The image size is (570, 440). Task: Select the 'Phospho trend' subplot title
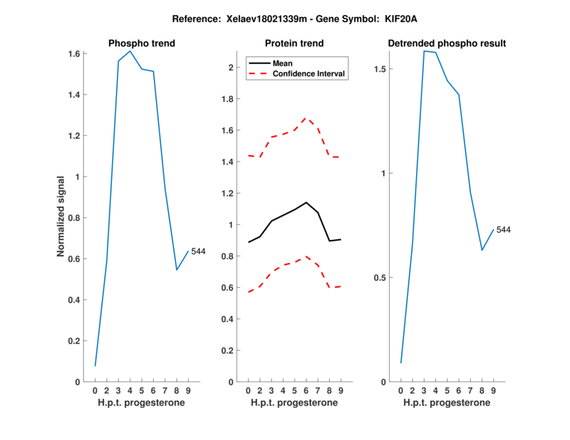tap(142, 43)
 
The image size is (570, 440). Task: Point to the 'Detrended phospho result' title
tap(447, 43)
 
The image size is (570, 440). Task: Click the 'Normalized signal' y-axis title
tap(62, 217)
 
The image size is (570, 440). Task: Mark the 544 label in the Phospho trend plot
tap(199, 251)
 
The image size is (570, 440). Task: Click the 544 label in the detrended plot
tap(504, 230)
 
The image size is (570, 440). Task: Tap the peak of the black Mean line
tap(306, 202)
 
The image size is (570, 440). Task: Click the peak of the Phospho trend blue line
tap(130, 51)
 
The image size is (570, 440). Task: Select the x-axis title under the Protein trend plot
tap(294, 402)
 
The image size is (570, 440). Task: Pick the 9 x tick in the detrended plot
tap(493, 391)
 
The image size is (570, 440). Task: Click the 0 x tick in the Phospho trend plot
tap(95, 391)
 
